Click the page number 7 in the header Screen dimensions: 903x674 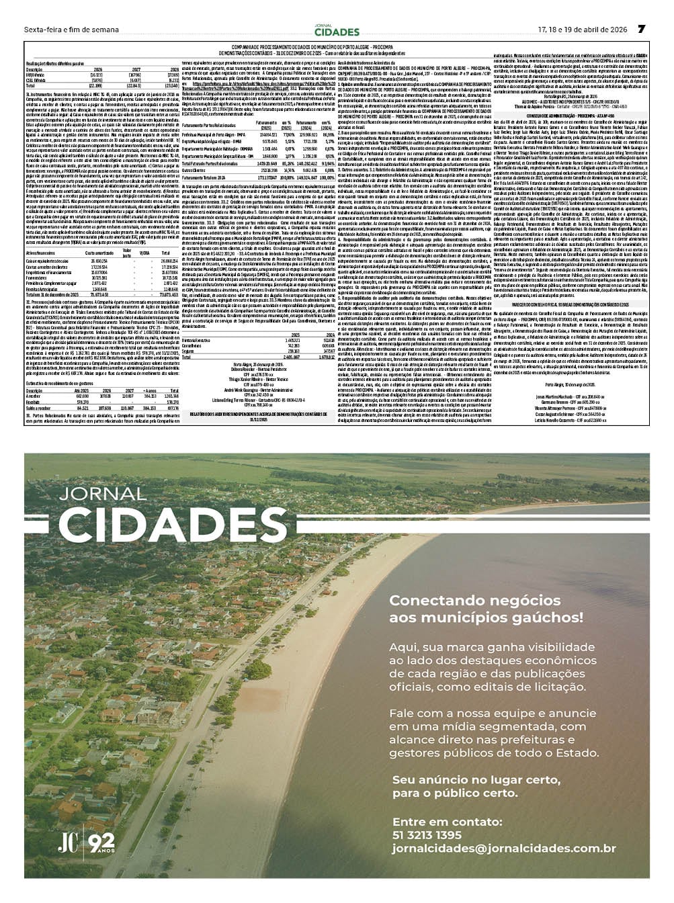click(641, 29)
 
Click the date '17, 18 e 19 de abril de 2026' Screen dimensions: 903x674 click(582, 30)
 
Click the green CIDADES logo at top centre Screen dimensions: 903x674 click(337, 32)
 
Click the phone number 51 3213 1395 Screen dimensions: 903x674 click(427, 835)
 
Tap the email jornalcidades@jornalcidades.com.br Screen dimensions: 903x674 click(504, 849)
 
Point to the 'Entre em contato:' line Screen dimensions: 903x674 click(447, 822)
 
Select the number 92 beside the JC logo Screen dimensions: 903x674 click(101, 841)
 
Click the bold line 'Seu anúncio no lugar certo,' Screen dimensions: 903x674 click(476, 780)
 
